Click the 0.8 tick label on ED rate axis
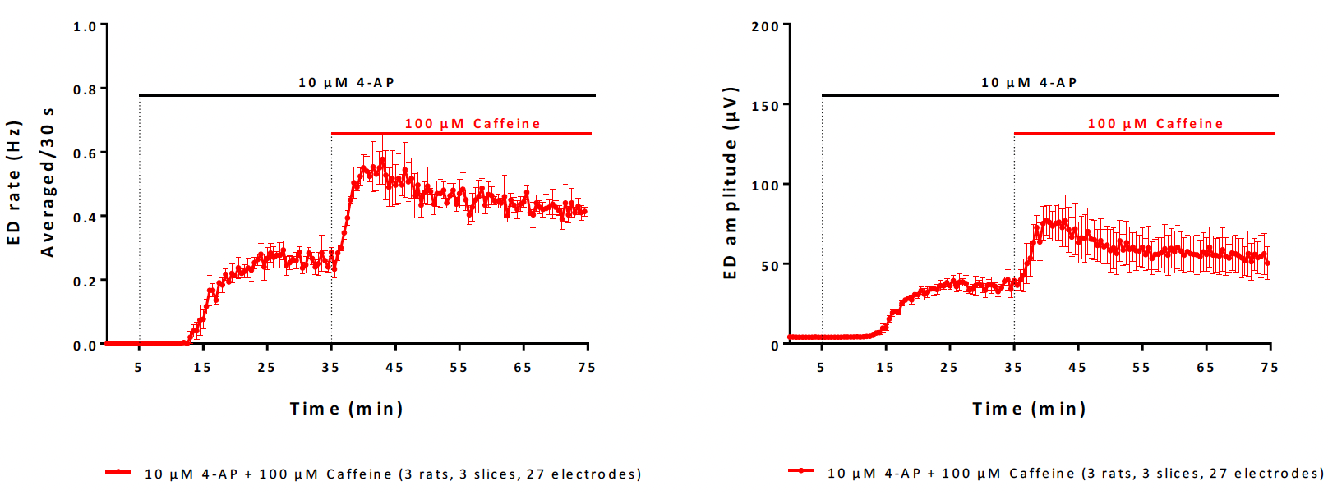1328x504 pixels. [85, 89]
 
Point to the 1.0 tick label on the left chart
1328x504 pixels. [85, 26]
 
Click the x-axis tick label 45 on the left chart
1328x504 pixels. [394, 368]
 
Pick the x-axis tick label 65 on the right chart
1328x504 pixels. [1206, 368]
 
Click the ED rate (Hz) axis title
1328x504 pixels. [14, 183]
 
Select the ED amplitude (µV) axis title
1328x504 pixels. [730, 183]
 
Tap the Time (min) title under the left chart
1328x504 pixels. [346, 409]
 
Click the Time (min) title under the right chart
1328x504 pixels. [1029, 409]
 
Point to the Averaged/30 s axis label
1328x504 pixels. [48, 181]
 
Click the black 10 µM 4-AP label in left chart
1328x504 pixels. [346, 83]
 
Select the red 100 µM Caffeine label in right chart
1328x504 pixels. [1155, 124]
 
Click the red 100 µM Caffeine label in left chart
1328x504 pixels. [472, 124]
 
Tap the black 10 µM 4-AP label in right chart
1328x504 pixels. [1029, 83]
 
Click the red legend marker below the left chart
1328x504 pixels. [118, 472]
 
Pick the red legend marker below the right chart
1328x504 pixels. [800, 471]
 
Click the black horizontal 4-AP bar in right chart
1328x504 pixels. [1049, 95]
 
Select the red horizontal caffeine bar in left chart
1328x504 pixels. [461, 133]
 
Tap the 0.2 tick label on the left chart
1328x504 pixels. [85, 282]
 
